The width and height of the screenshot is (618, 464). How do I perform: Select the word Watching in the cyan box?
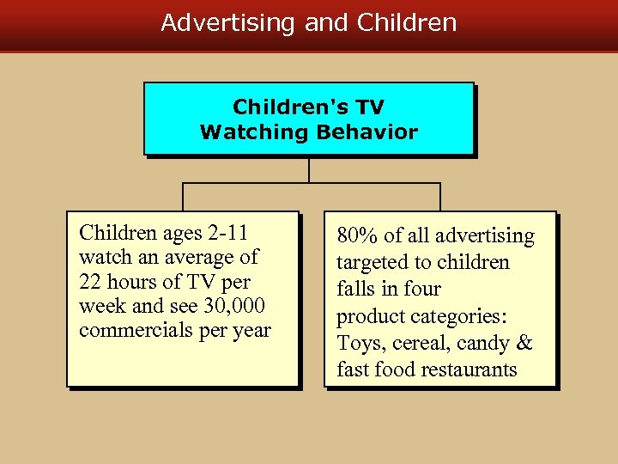(253, 132)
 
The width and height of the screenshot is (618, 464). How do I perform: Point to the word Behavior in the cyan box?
(367, 132)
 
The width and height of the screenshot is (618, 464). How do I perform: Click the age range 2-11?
(227, 233)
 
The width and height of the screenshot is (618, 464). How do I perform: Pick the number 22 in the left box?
(90, 282)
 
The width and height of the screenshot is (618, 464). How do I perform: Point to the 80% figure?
(354, 236)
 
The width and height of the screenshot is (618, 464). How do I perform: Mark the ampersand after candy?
(524, 344)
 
